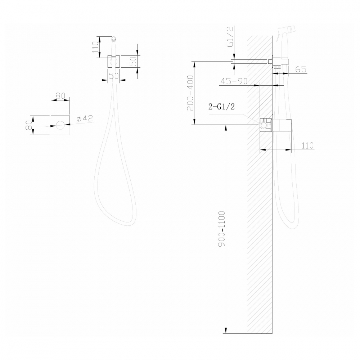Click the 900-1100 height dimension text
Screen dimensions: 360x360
[221, 229]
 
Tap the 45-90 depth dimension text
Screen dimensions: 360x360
[234, 81]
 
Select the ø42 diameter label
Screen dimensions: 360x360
[85, 119]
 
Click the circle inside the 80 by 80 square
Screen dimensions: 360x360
[60, 125]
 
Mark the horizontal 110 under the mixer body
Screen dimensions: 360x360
[306, 145]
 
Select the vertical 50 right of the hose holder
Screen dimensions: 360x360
[133, 62]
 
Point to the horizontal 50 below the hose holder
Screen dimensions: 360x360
[113, 76]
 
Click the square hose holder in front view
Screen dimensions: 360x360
[114, 62]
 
